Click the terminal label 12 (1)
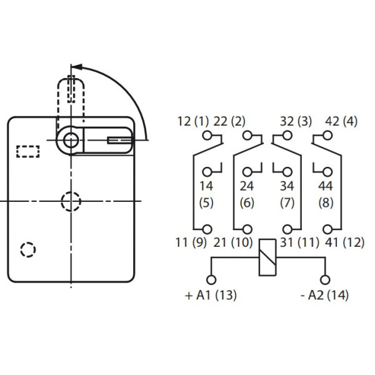pyautogui.click(x=192, y=122)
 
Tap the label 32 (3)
pyautogui.click(x=291, y=122)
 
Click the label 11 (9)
pyautogui.click(x=192, y=243)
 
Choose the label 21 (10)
pyautogui.click(x=232, y=243)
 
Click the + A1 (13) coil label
pyautogui.click(x=211, y=296)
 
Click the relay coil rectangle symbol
pyautogui.click(x=267, y=257)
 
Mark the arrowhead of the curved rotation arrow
pyautogui.click(x=74, y=66)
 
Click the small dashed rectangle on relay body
pyautogui.click(x=27, y=151)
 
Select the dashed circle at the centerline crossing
pyautogui.click(x=71, y=201)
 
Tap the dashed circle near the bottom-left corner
pyautogui.click(x=27, y=249)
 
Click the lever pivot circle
pyautogui.click(x=71, y=140)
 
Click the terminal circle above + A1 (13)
pyautogui.click(x=211, y=279)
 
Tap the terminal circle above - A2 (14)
pyautogui.click(x=324, y=279)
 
